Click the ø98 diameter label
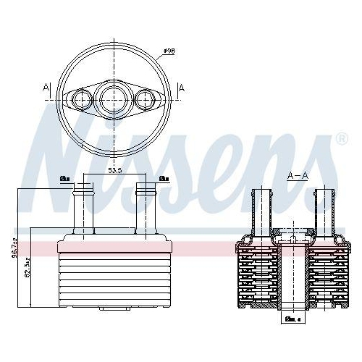point(168,51)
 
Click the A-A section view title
point(298,175)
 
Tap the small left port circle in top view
point(79,98)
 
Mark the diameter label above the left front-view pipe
point(64,177)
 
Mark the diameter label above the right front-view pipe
point(164,177)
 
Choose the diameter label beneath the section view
point(292,319)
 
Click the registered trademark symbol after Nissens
point(342,138)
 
